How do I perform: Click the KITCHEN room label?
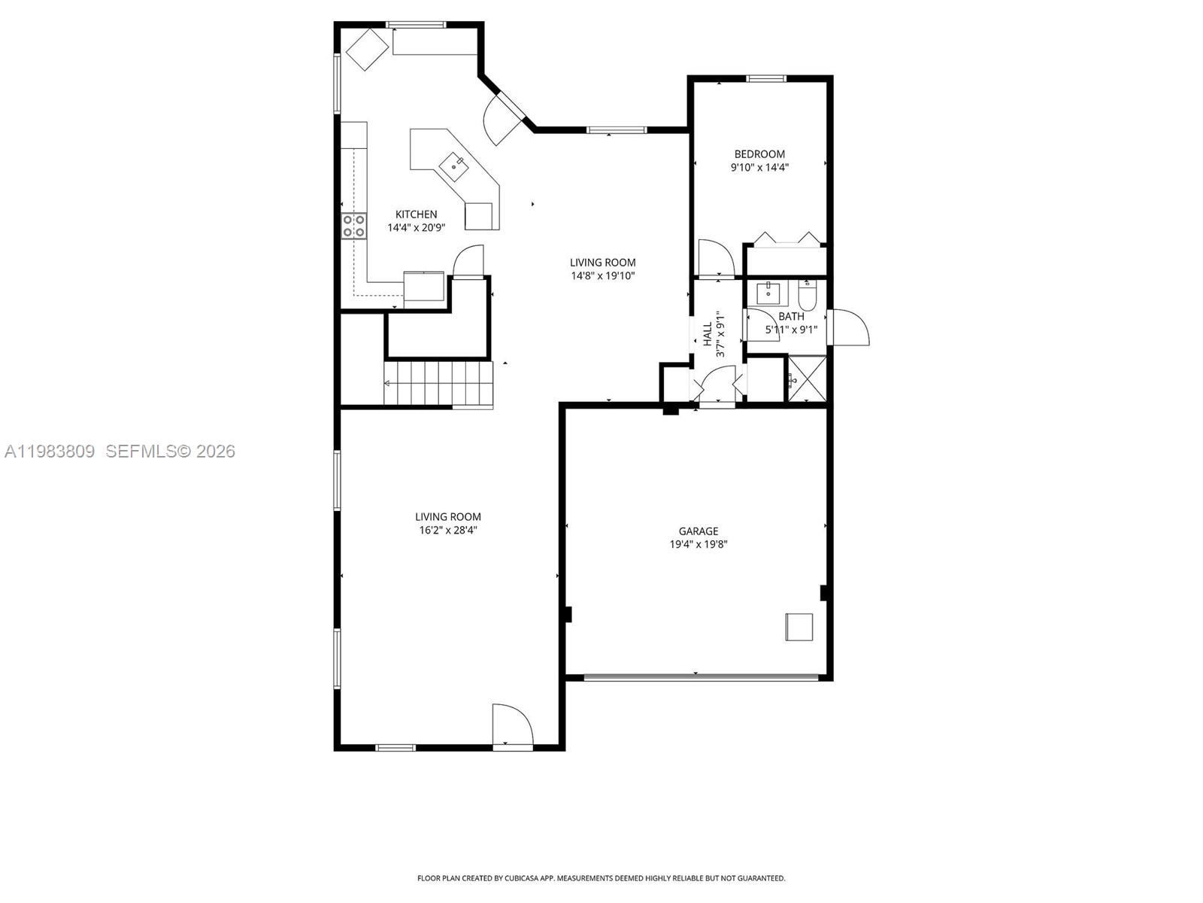[416, 214]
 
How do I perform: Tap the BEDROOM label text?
[759, 154]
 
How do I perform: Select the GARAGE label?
[698, 531]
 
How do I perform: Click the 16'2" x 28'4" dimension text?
[448, 530]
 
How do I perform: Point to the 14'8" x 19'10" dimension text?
[602, 275]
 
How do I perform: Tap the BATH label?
[791, 317]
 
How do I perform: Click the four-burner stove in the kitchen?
[354, 226]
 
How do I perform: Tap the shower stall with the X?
[807, 379]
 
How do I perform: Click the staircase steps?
[438, 383]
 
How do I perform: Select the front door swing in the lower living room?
[511, 725]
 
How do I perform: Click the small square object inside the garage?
[799, 627]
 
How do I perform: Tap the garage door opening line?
[700, 677]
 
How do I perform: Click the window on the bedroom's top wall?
[766, 78]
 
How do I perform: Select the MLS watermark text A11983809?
[50, 451]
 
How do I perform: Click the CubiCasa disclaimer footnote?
[601, 878]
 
